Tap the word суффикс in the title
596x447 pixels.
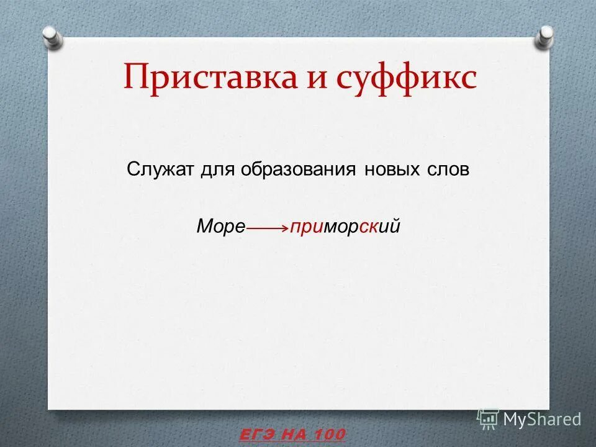click(406, 78)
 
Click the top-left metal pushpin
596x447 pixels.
click(52, 35)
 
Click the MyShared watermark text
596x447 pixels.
click(542, 419)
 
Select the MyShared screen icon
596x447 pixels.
click(488, 419)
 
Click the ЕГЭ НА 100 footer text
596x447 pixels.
click(292, 435)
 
